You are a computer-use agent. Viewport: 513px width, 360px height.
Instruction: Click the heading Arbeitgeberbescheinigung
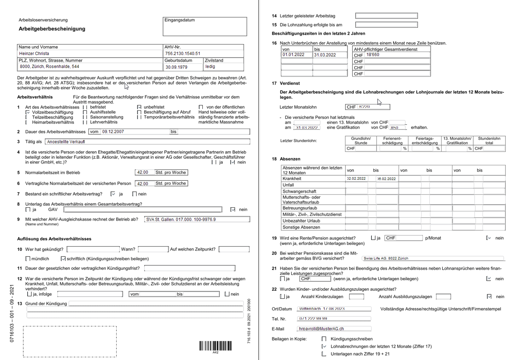[x=52, y=29]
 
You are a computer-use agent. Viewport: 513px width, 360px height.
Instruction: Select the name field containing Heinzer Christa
[x=90, y=53]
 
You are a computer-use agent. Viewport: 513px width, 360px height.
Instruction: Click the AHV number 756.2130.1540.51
[x=203, y=53]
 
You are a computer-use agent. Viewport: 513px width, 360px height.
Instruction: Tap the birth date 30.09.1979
[x=177, y=67]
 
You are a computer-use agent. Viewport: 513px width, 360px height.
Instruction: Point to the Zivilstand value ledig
[x=210, y=67]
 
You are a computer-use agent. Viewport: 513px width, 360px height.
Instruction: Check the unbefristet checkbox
[x=139, y=107]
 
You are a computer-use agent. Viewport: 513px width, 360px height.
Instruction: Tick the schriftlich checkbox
[x=63, y=259]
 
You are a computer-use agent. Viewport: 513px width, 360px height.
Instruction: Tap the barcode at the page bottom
[x=215, y=346]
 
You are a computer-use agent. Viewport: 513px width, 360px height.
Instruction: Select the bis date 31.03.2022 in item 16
[x=325, y=55]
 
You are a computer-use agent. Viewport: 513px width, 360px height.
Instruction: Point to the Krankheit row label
[x=292, y=179]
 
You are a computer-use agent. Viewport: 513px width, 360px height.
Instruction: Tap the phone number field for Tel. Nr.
[x=334, y=319]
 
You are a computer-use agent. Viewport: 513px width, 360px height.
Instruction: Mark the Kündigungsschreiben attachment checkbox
[x=324, y=339]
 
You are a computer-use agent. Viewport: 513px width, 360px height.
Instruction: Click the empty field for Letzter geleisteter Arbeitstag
[x=386, y=16]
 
